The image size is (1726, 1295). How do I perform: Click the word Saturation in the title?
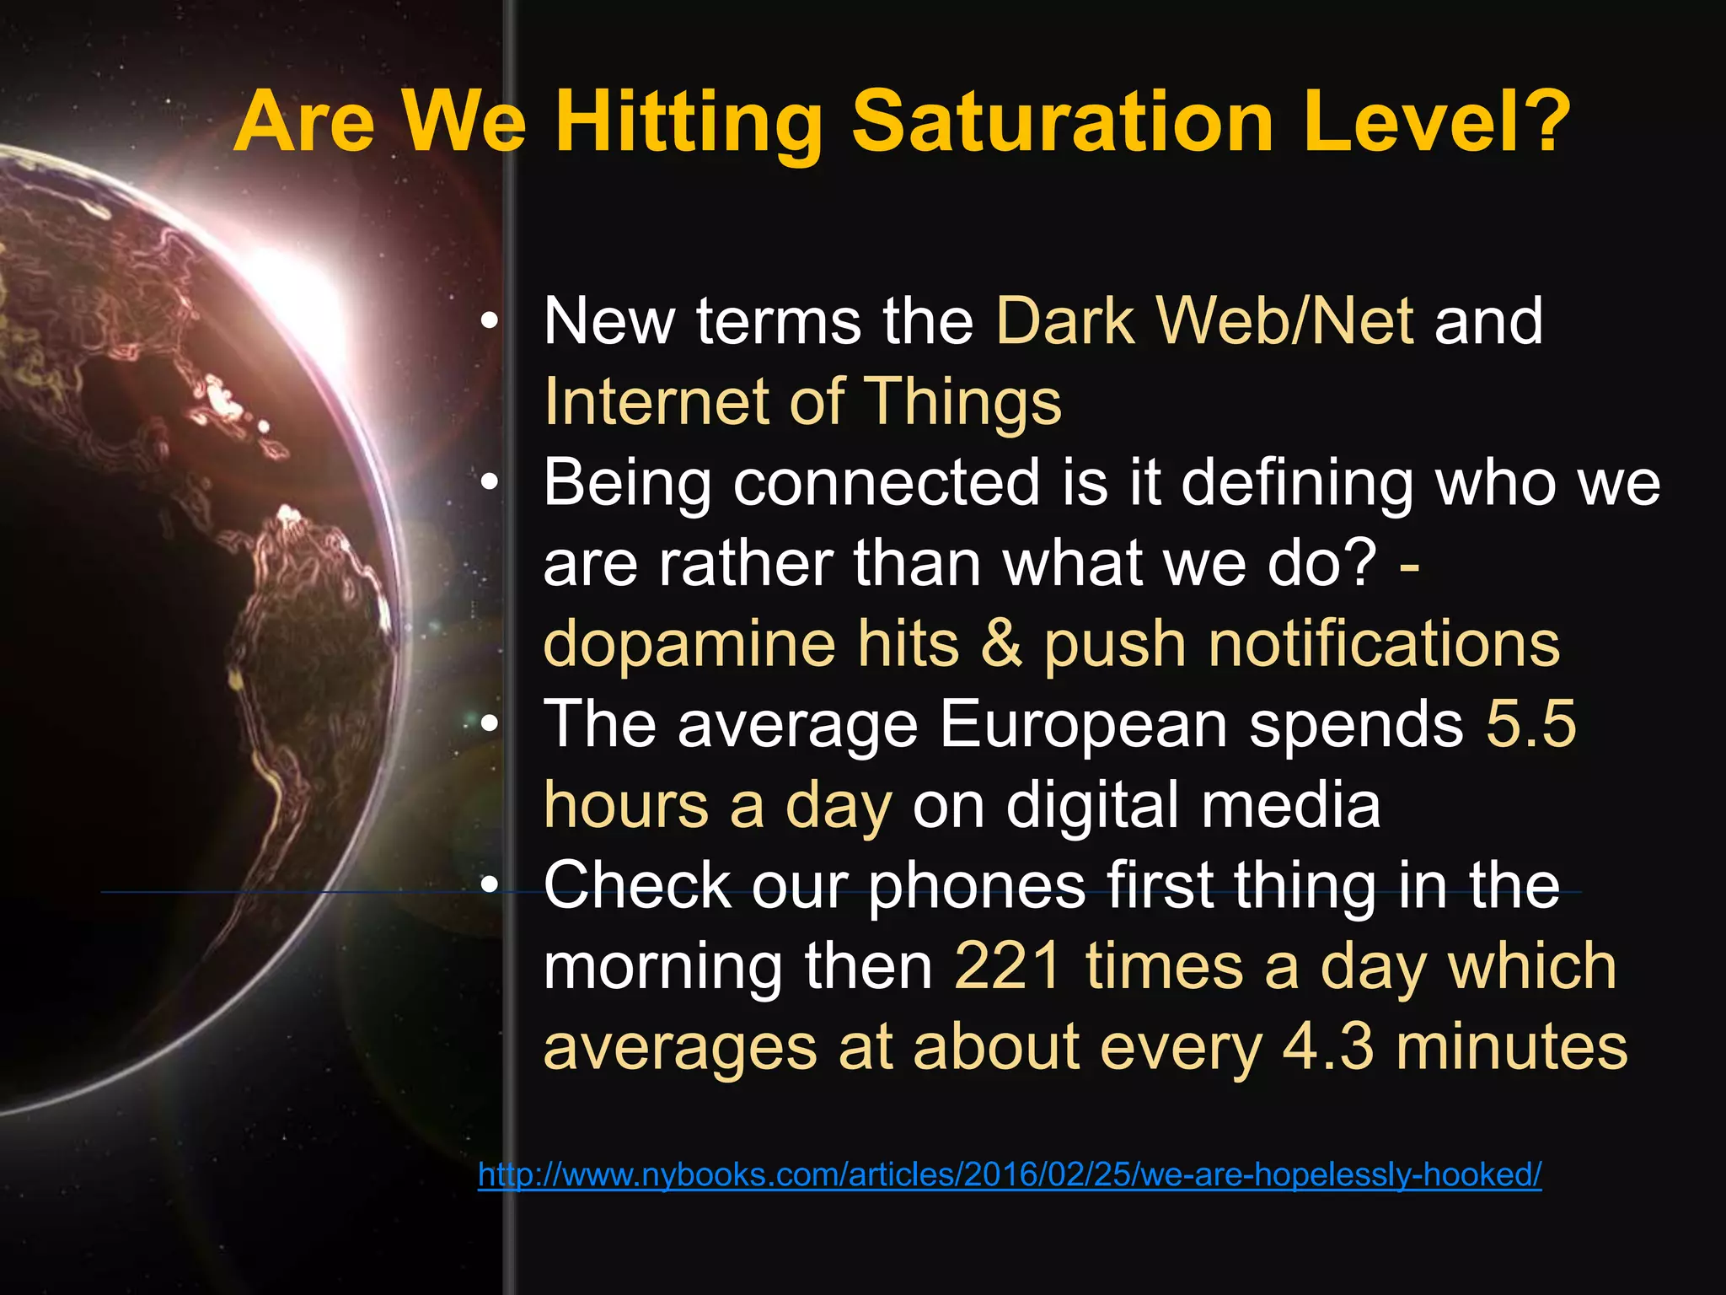[1063, 122]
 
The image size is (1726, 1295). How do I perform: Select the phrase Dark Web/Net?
[1204, 321]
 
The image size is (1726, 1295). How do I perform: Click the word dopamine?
[689, 644]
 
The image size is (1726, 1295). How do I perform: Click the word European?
[1083, 724]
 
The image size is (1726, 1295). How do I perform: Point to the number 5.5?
[1530, 724]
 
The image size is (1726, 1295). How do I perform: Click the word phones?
[977, 886]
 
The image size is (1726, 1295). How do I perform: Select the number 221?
[1007, 966]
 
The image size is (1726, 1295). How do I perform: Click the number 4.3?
[1328, 1047]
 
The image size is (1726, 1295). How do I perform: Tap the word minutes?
[1512, 1047]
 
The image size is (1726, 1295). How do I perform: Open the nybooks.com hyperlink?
[1010, 1174]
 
